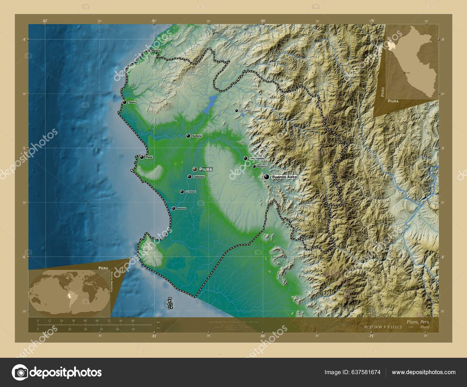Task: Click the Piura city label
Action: (206, 169)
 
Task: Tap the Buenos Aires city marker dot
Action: (266, 177)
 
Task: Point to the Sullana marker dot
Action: (188, 136)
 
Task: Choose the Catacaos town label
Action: (199, 177)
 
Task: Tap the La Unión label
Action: (190, 192)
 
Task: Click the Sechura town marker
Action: (174, 208)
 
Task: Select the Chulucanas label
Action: (257, 158)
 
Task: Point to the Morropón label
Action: (262, 167)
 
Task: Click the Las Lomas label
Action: (245, 111)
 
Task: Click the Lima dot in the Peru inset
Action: (404, 72)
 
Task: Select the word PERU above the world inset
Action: (103, 268)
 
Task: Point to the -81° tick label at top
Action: (154, 21)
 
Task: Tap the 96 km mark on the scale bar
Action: (133, 321)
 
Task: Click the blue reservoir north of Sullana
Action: (210, 104)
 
